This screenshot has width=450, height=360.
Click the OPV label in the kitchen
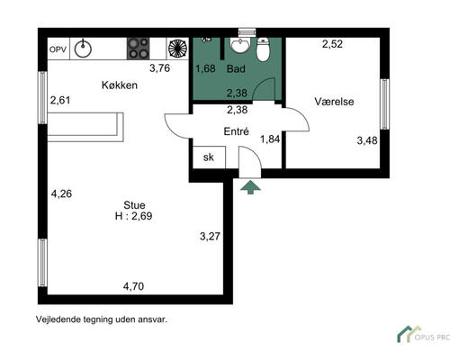[58, 49]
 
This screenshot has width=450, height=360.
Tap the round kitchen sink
[83, 49]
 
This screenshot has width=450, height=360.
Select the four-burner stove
[138, 49]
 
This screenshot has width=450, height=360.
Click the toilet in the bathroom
[264, 49]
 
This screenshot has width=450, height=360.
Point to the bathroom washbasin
[239, 45]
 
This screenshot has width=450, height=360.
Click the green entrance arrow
[250, 187]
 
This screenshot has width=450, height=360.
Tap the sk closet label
[209, 157]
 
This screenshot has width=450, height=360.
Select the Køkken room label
[120, 85]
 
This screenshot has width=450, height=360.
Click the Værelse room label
[334, 102]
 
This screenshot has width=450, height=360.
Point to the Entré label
[237, 131]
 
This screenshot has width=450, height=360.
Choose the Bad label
[236, 68]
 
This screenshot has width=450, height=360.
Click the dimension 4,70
[133, 286]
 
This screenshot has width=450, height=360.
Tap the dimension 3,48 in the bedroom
[367, 140]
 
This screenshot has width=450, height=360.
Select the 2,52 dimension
[332, 44]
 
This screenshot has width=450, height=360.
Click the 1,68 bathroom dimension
[205, 68]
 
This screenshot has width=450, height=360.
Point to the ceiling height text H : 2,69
[133, 216]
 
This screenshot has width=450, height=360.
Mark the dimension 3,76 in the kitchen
[160, 68]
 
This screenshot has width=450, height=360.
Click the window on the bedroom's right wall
[384, 104]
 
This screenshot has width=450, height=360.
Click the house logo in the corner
[409, 334]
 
